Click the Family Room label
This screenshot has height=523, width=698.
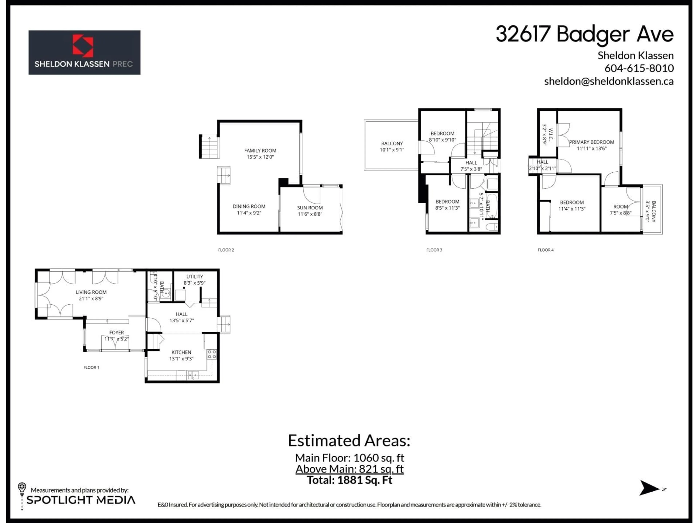pyautogui.click(x=260, y=151)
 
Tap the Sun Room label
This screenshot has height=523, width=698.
pyautogui.click(x=310, y=208)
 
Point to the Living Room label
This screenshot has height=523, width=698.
pyautogui.click(x=91, y=292)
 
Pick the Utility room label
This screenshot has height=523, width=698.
pyautogui.click(x=194, y=276)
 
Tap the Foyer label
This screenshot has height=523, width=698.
pyautogui.click(x=117, y=333)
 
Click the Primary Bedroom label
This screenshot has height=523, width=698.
pyautogui.click(x=591, y=142)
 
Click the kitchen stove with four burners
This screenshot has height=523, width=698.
pyautogui.click(x=211, y=354)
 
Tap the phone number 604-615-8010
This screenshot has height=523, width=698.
pyautogui.click(x=639, y=68)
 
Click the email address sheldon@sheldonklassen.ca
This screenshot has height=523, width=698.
pyautogui.click(x=609, y=81)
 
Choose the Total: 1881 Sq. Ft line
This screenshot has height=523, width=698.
pyautogui.click(x=349, y=481)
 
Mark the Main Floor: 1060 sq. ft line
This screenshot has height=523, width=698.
pyautogui.click(x=349, y=458)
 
